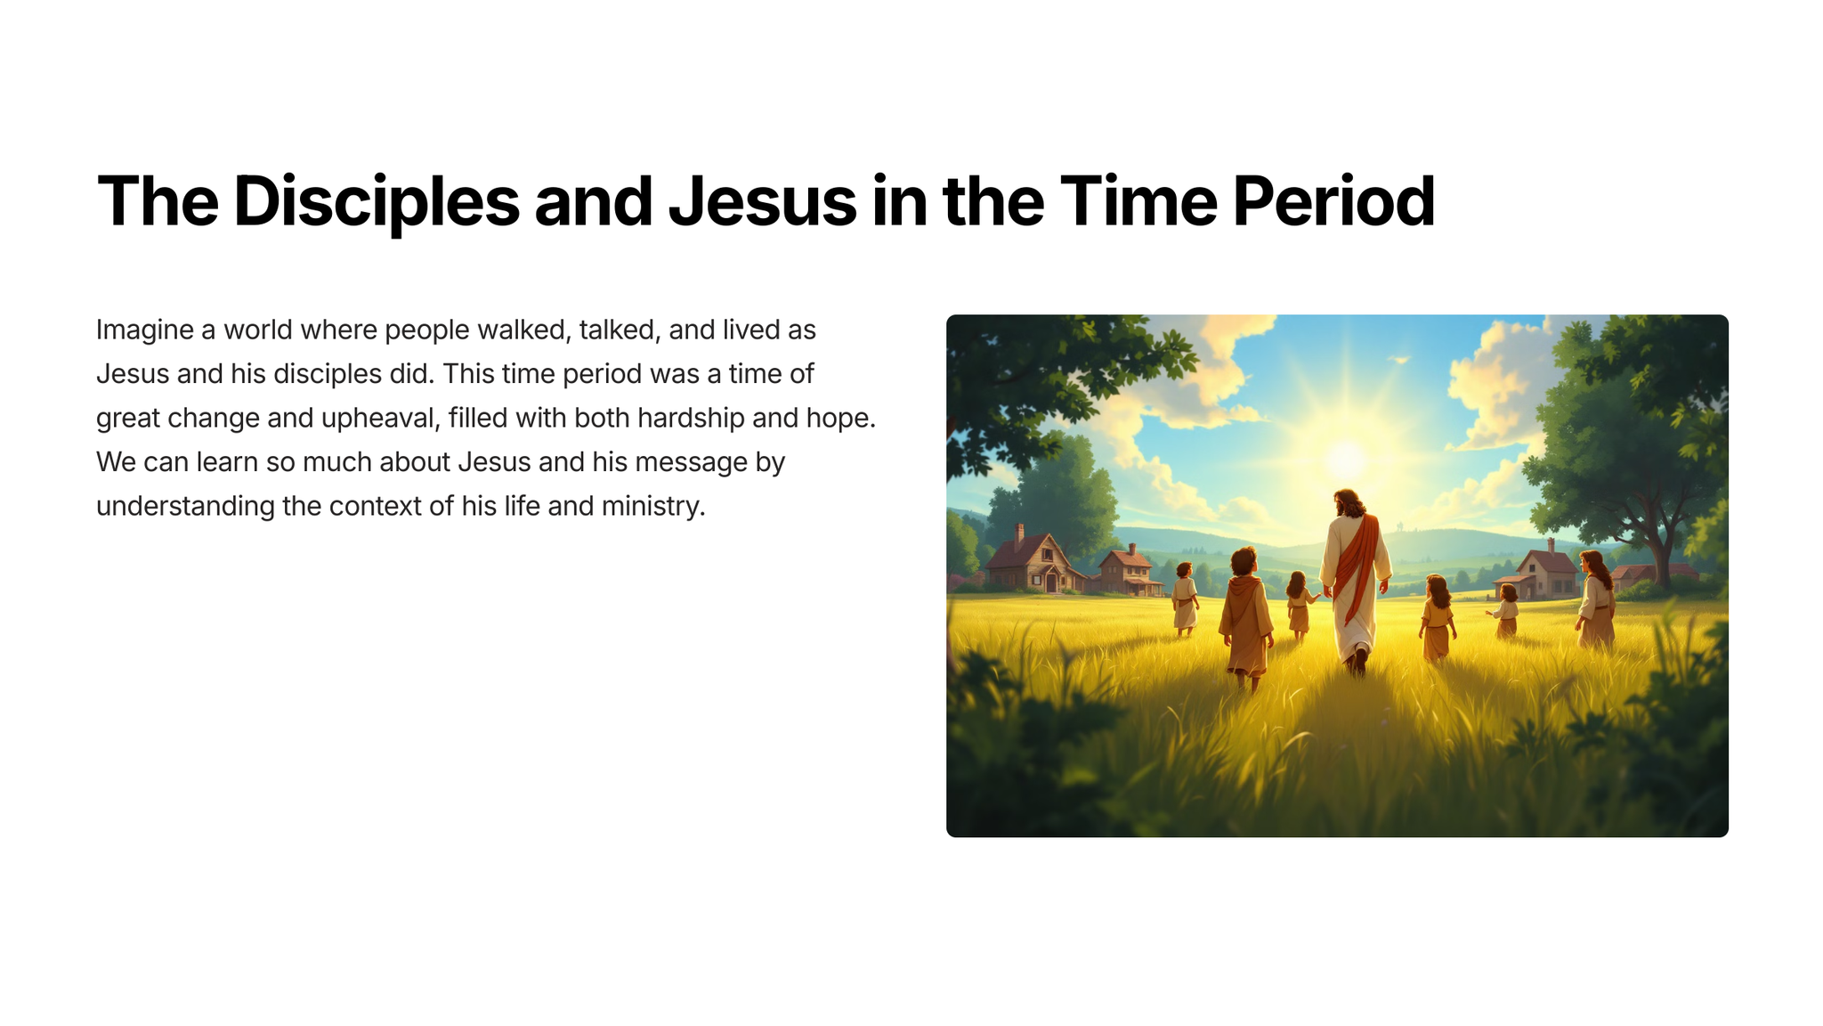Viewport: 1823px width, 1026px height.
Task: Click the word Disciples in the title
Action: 377,202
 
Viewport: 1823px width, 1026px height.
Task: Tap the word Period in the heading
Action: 1333,201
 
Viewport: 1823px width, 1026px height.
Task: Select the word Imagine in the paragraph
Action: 145,331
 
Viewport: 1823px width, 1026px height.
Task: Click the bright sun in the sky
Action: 1346,459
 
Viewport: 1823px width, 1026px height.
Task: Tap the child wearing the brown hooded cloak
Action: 1244,617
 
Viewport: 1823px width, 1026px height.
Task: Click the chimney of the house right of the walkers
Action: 1550,545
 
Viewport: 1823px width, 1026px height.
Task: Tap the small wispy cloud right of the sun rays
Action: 1399,360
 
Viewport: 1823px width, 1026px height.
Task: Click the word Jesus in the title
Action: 762,202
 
